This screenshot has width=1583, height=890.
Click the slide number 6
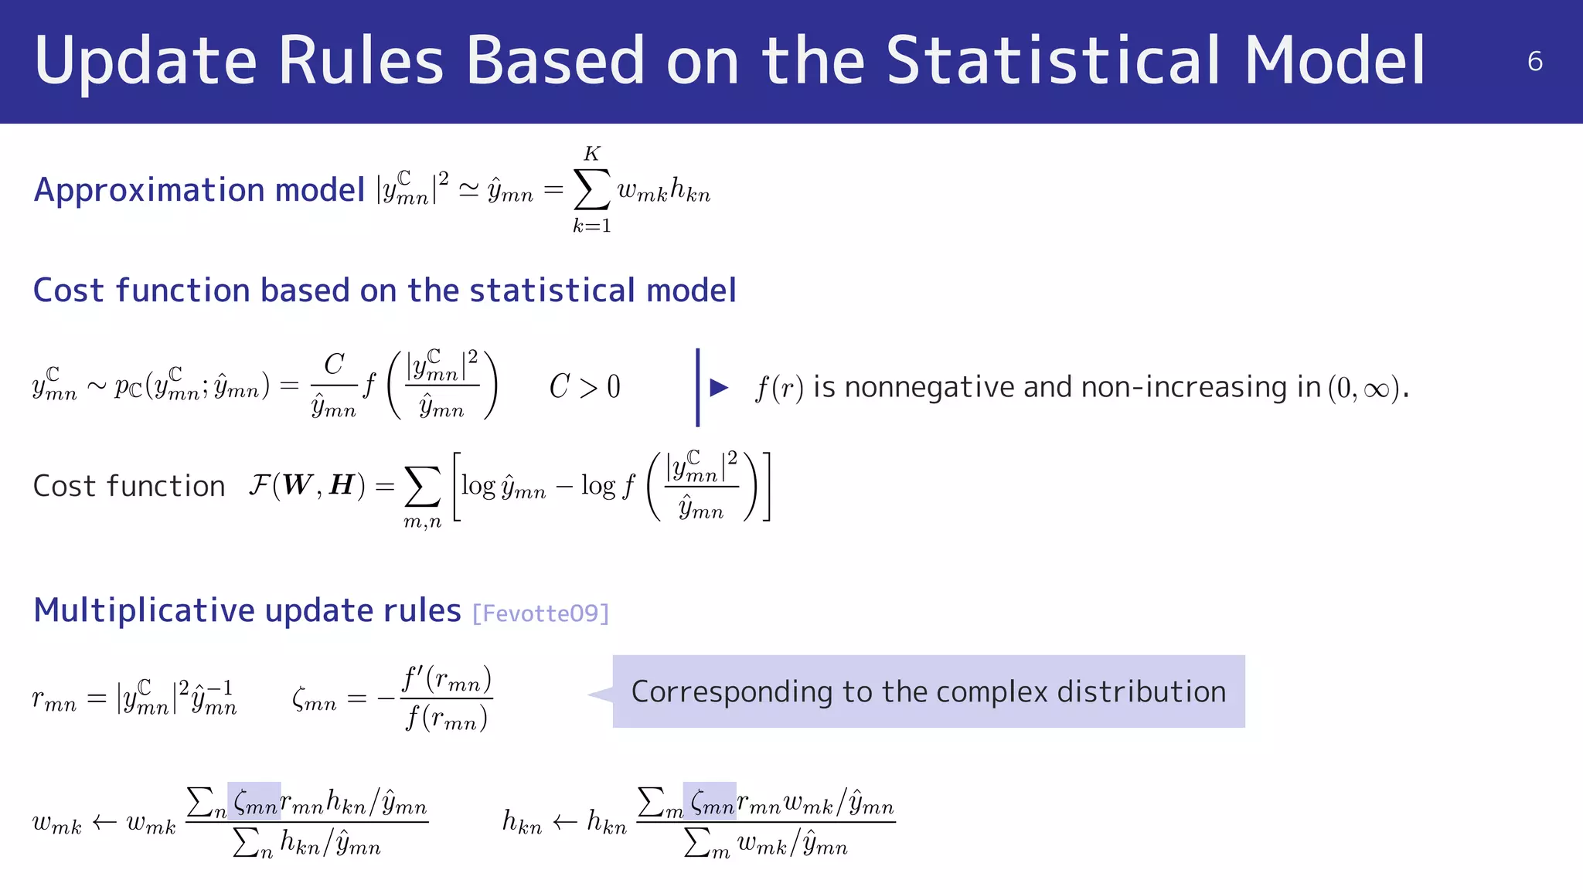[1534, 62]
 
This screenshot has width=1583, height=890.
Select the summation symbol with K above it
[591, 189]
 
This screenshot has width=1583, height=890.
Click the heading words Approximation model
[199, 190]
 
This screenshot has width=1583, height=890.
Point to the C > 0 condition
[584, 386]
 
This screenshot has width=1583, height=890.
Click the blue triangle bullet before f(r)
[719, 387]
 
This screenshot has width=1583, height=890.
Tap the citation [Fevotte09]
[540, 613]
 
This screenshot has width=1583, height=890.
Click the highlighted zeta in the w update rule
[254, 803]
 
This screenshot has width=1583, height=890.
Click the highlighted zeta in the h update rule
[710, 803]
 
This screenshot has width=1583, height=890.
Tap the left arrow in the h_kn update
[564, 822]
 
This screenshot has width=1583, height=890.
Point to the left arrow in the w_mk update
[104, 822]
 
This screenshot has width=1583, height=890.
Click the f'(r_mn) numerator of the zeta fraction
[446, 680]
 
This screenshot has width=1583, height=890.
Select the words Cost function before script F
[129, 487]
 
